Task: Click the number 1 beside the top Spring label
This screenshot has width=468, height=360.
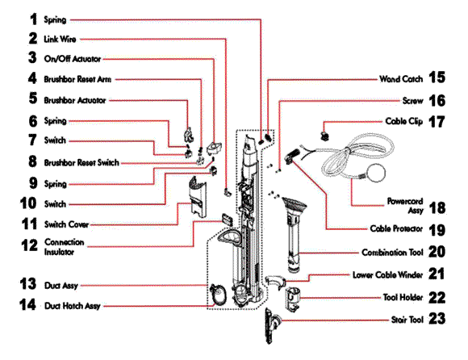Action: coord(33,19)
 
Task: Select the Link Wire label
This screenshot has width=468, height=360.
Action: coord(60,39)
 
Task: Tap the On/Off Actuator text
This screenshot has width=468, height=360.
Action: coord(73,59)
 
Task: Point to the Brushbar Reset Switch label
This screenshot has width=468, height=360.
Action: coord(81,163)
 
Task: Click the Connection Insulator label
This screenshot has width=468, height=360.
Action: coord(65,247)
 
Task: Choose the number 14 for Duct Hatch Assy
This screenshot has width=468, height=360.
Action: coord(27,305)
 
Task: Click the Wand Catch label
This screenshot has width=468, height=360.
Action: coord(401,79)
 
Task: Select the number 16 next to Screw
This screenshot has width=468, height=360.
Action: coord(437,101)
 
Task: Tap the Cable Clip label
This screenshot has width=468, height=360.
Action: coord(403,121)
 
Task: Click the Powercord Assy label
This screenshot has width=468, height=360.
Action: coord(405,206)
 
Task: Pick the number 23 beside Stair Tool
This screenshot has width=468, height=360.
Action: coord(437,319)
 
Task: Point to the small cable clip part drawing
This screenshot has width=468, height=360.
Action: coord(324,136)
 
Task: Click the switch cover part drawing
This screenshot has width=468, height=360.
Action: coord(198,196)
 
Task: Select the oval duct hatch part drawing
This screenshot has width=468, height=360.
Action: coord(219,294)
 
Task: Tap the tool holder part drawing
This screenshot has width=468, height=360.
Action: coord(293,299)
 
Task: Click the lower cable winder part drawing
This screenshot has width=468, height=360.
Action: coord(275,282)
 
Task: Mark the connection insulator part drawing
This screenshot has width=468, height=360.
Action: coord(227,219)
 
